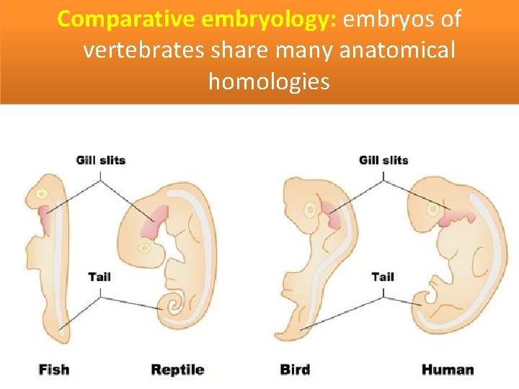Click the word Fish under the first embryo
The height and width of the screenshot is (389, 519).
pyautogui.click(x=54, y=370)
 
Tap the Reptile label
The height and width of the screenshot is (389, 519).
pyautogui.click(x=177, y=370)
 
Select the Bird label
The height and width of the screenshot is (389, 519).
pyautogui.click(x=295, y=370)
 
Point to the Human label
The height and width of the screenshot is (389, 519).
pyautogui.click(x=448, y=370)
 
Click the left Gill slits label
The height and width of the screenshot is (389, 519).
pyautogui.click(x=101, y=160)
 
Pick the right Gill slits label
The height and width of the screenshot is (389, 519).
pyautogui.click(x=383, y=160)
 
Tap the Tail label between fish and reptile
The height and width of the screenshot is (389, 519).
pyautogui.click(x=100, y=277)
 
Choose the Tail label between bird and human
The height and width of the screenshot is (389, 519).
pyautogui.click(x=383, y=277)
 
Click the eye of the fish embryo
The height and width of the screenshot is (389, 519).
pyautogui.click(x=43, y=194)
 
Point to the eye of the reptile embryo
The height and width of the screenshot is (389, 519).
pyautogui.click(x=145, y=248)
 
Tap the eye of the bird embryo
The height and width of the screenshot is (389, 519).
pyautogui.click(x=310, y=210)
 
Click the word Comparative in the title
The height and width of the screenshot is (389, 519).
pyautogui.click(x=125, y=19)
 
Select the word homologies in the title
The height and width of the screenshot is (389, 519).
pyautogui.click(x=268, y=81)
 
